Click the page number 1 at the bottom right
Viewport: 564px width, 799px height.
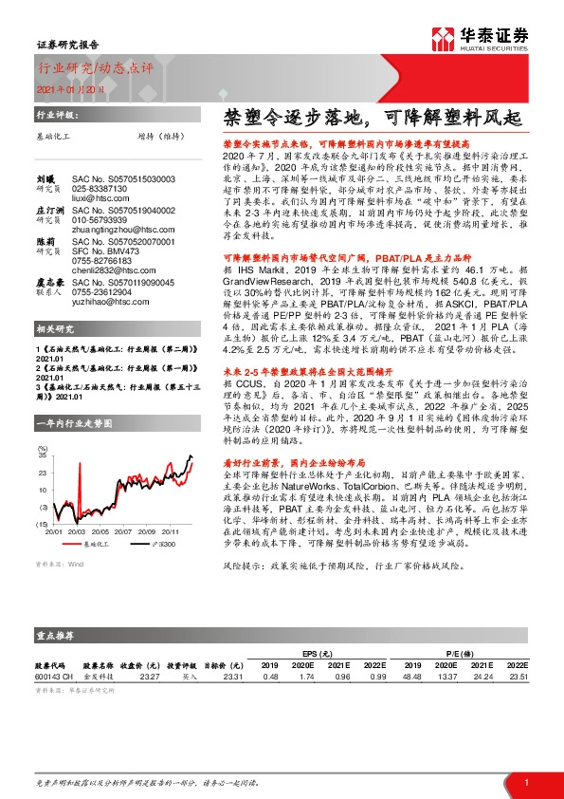pos(524,781)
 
